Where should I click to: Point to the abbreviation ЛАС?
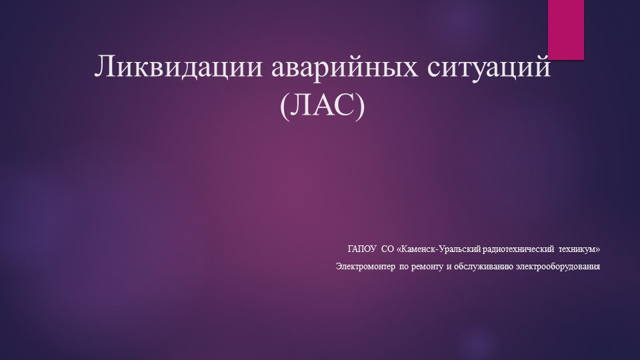[x=324, y=107]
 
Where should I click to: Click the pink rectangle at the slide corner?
[x=566, y=29]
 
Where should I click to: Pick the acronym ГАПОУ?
[x=362, y=249]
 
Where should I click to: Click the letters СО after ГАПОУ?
[x=387, y=249]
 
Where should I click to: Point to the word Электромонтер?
[x=366, y=267]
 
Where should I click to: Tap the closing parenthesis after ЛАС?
[x=362, y=107]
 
